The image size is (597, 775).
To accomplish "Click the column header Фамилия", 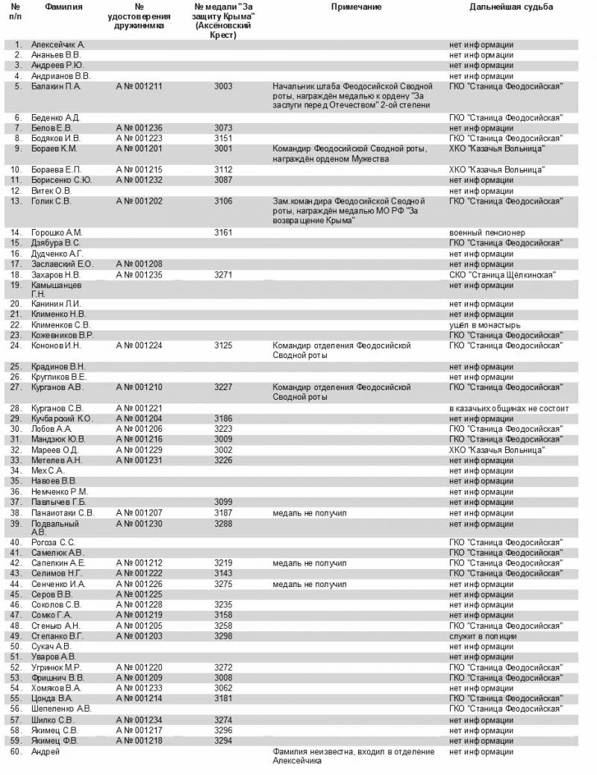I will (x=63, y=7).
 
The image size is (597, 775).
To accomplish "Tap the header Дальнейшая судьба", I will (x=511, y=7).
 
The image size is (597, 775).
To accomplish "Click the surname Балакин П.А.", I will (x=56, y=87).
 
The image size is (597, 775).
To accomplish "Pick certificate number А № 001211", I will (x=139, y=87).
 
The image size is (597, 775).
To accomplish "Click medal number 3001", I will (x=223, y=148).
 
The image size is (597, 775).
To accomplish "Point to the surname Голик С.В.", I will (x=51, y=201).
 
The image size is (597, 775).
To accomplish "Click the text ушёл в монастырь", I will (x=485, y=325).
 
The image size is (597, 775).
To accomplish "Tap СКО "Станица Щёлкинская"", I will (x=501, y=275).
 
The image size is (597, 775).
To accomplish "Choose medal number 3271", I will (x=223, y=275).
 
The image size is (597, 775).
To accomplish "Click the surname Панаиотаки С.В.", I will (x=63, y=513).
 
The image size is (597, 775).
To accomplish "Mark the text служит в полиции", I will (x=481, y=636).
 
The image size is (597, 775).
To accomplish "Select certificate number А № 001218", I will (x=139, y=741).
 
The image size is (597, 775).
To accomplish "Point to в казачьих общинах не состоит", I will (x=509, y=409).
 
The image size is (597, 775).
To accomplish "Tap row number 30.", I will (x=16, y=430).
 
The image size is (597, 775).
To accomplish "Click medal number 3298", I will (x=223, y=636).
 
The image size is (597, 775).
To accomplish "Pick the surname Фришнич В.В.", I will (x=57, y=678).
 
